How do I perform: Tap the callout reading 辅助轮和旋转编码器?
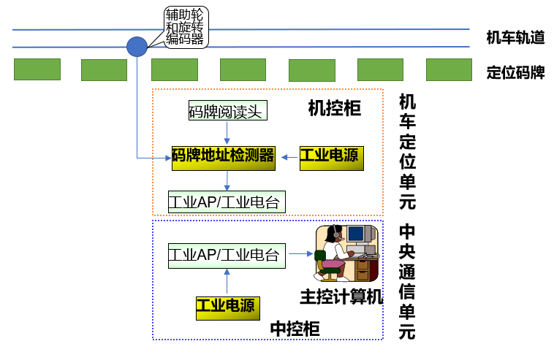[x=184, y=26]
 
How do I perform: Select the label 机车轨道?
[x=515, y=38]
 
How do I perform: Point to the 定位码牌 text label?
[x=515, y=72]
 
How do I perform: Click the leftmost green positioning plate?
[x=37, y=69]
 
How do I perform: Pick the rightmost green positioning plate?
[x=449, y=69]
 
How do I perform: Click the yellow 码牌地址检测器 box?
[x=223, y=156]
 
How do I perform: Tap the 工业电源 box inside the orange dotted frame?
[x=331, y=156]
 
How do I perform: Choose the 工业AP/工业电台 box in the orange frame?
[x=224, y=201]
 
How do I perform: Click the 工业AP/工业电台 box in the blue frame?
[x=224, y=255]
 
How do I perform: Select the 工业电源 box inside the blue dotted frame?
[x=227, y=306]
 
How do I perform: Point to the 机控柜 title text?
[x=335, y=109]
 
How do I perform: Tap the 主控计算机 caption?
[x=341, y=296]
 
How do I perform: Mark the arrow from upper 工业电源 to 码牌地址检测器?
[x=288, y=156]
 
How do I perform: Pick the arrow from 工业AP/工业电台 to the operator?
[x=300, y=255]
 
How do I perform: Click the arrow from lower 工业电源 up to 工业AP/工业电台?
[x=227, y=281]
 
